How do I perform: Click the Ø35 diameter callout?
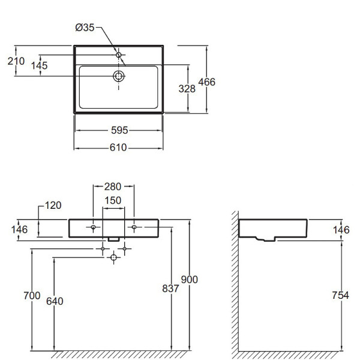85,28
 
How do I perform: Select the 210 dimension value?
16,61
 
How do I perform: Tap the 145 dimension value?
39,65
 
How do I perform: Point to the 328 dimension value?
187,89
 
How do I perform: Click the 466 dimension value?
207,82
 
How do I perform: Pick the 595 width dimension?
119,130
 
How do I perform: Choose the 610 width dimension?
118,148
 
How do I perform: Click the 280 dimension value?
113,187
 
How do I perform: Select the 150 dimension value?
113,200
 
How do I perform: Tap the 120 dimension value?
53,205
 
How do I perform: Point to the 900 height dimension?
190,280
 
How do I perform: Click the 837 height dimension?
170,289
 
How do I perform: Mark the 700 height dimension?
32,295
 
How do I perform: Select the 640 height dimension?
55,301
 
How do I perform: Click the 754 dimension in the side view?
340,295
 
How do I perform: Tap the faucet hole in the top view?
118,55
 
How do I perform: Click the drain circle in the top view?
119,76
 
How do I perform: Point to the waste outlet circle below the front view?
113,257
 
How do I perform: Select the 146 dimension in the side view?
341,230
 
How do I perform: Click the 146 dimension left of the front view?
20,229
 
